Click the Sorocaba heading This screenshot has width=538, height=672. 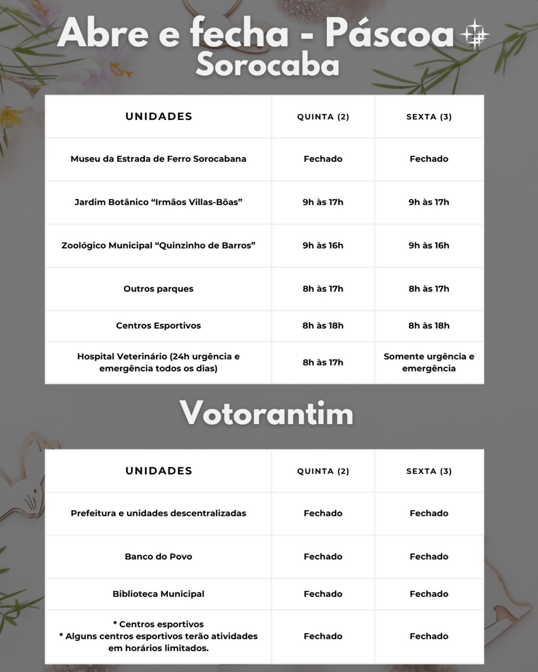pos(268,66)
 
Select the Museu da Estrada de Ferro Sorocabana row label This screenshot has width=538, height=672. pos(158,159)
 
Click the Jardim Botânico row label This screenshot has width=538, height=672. pos(158,202)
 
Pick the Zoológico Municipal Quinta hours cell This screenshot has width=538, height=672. pos(323,245)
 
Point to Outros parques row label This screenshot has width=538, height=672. pos(158,289)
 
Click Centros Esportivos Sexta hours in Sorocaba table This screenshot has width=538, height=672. pos(429,326)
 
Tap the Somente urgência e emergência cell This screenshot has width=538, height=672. pos(429,362)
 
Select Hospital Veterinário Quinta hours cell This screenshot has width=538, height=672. pos(323,362)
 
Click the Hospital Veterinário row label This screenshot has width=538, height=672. pos(158,362)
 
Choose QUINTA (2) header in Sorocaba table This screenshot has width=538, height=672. pos(323,117)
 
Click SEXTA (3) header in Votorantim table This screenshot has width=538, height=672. pos(429,471)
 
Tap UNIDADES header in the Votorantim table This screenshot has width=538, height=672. pos(159,471)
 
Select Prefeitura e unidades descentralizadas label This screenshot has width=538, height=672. pos(158,513)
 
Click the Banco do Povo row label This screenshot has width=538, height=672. pos(158,557)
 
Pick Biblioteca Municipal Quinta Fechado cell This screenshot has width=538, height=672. pos(323,594)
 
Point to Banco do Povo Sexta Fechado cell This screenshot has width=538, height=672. pos(429,557)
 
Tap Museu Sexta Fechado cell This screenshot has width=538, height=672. pos(429,159)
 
